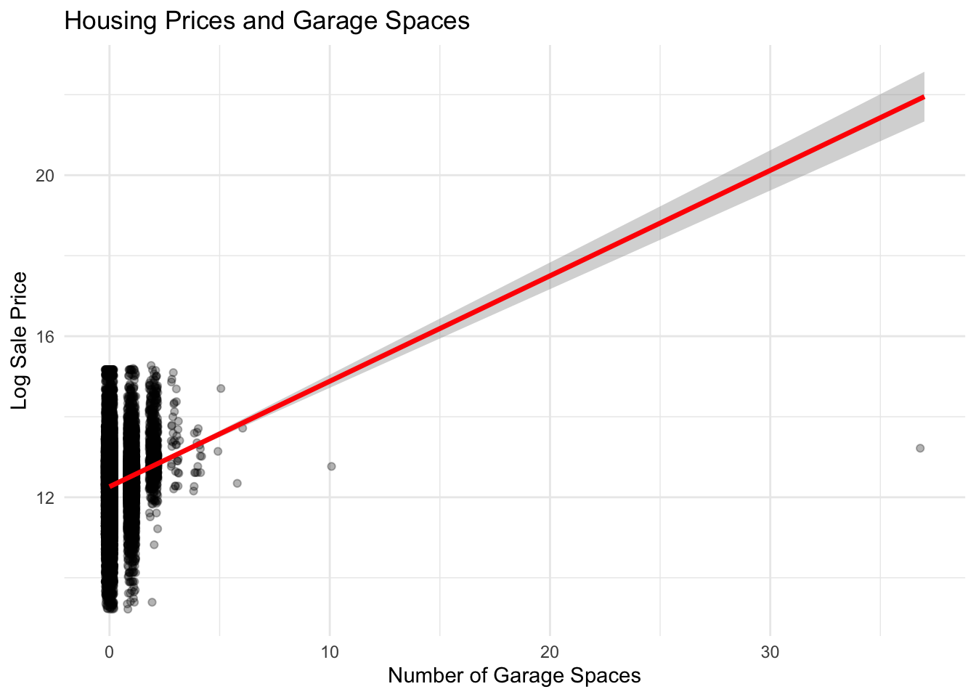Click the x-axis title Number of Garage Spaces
click(514, 676)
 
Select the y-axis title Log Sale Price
click(20, 340)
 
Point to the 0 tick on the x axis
click(109, 652)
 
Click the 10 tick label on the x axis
click(330, 652)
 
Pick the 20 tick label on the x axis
click(550, 652)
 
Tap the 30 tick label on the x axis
click(770, 652)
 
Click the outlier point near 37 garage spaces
click(920, 448)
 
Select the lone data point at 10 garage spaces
click(331, 466)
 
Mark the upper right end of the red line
click(923, 97)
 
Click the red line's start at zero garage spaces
click(110, 486)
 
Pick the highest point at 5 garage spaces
click(221, 388)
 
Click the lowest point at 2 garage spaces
click(152, 602)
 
